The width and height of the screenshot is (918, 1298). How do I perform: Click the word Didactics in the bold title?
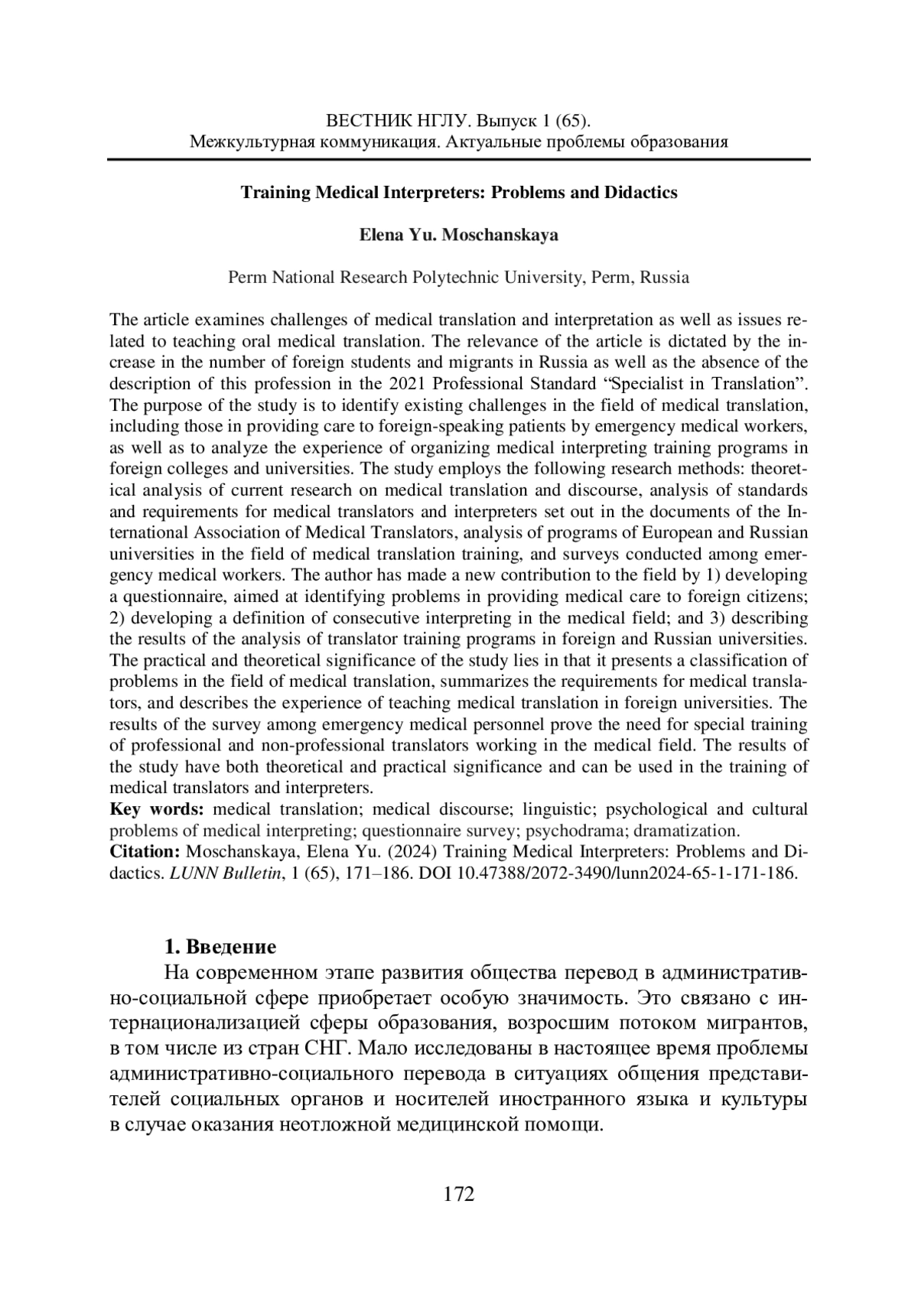(x=641, y=193)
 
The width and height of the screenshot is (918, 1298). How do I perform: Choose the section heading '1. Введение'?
(x=220, y=947)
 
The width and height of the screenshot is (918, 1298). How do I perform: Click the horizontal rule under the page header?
(x=459, y=159)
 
